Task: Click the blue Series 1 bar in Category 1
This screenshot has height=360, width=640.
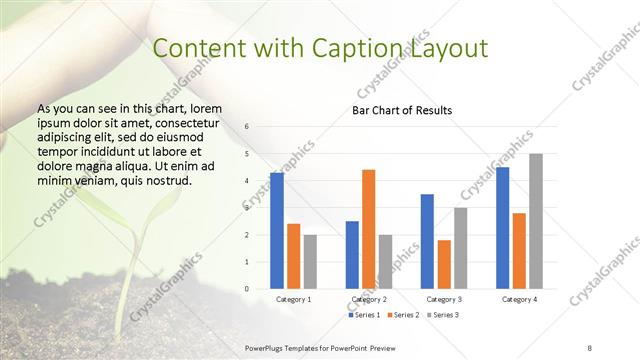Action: tap(277, 231)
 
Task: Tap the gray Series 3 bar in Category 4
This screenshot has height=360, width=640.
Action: tap(536, 221)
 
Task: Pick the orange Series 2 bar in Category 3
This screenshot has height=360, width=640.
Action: tap(444, 264)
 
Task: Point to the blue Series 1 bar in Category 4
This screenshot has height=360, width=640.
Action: tap(502, 228)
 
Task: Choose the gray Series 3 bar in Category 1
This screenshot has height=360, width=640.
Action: tap(310, 262)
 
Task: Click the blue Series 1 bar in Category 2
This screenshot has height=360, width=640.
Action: tap(352, 255)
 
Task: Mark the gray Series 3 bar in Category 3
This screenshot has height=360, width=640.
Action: tap(460, 248)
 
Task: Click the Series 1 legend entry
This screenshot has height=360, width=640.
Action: tap(365, 315)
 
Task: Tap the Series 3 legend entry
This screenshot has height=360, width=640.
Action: tap(443, 315)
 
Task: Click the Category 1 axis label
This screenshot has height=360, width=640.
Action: tap(293, 299)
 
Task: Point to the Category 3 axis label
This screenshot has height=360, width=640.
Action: tap(444, 299)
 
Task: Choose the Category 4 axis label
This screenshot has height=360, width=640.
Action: tap(519, 299)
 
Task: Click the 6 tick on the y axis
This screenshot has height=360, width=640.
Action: tap(246, 127)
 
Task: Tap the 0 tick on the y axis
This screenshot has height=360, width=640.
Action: tap(246, 289)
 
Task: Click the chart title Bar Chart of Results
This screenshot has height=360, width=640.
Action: tap(402, 110)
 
